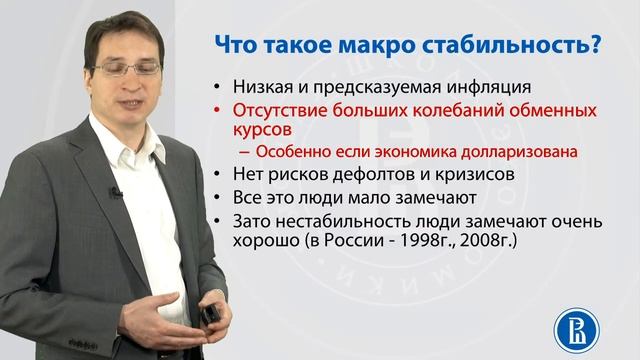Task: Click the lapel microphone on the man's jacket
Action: tap(115, 192)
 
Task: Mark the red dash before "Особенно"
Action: tap(246, 152)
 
